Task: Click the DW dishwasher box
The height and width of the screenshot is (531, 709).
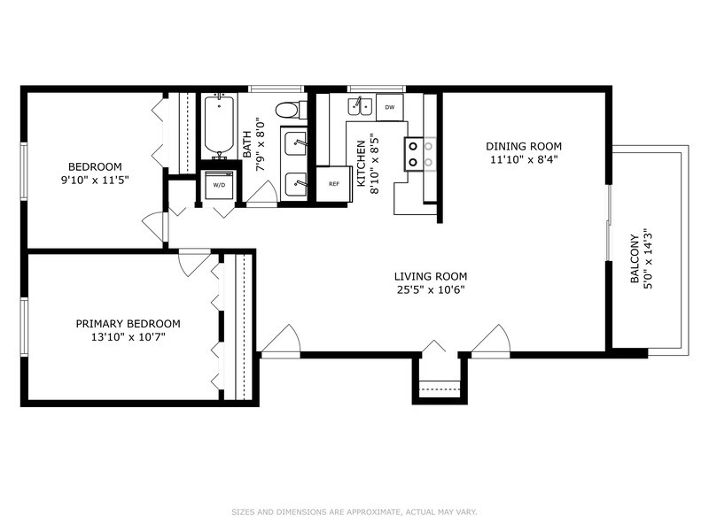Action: tap(389, 107)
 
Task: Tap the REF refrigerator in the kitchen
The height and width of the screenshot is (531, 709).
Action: tap(334, 184)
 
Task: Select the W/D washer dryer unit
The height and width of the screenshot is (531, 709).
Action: tap(219, 185)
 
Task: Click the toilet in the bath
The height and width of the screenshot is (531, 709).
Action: tap(291, 110)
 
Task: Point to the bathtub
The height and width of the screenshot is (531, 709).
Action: tap(219, 126)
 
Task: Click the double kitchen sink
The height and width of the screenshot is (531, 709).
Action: tap(360, 106)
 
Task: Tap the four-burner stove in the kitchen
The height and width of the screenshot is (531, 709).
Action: tap(420, 154)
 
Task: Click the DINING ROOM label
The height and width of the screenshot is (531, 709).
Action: tap(524, 146)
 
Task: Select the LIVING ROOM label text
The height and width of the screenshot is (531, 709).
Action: tap(431, 276)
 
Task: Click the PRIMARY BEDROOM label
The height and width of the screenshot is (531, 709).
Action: tap(128, 324)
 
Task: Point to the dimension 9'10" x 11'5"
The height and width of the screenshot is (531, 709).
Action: tap(95, 181)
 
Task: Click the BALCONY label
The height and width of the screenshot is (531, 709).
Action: tap(635, 258)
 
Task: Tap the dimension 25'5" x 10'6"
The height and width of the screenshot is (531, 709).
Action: tap(431, 290)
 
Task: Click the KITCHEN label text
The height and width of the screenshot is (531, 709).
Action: tap(362, 164)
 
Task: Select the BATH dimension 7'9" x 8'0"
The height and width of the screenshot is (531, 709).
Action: tap(260, 144)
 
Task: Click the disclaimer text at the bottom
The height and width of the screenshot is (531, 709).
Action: tap(354, 512)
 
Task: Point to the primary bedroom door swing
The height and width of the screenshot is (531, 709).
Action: tap(195, 262)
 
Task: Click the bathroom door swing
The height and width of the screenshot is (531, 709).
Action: tap(261, 194)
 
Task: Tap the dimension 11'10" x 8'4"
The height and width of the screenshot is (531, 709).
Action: tap(524, 159)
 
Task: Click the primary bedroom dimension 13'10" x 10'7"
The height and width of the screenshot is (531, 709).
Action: tap(128, 337)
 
